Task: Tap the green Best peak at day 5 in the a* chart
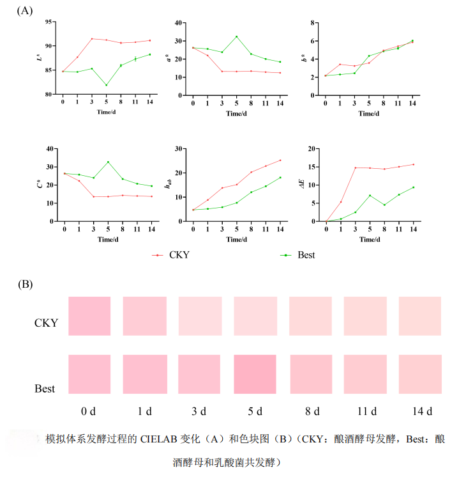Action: click(236, 36)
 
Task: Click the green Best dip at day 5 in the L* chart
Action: click(106, 85)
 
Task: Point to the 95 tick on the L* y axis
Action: click(49, 22)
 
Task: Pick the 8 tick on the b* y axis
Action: click(315, 23)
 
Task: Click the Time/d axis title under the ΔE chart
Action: click(369, 239)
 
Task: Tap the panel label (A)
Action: click(26, 10)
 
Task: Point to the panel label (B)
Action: click(26, 283)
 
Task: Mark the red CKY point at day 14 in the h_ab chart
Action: click(280, 160)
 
